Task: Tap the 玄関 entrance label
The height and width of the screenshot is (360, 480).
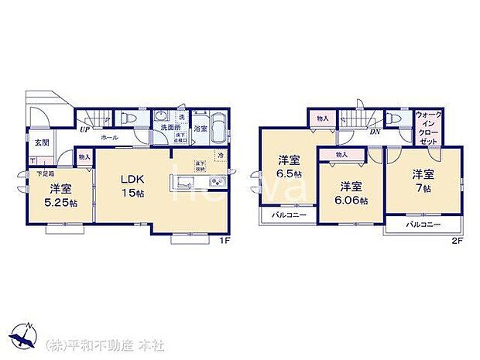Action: tap(40, 142)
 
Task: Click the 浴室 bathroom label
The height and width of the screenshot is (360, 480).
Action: tap(201, 128)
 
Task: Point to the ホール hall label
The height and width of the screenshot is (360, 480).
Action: tap(108, 137)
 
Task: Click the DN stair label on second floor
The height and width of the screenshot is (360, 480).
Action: tap(374, 132)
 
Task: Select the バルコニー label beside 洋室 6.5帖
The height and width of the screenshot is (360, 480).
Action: tap(289, 215)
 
